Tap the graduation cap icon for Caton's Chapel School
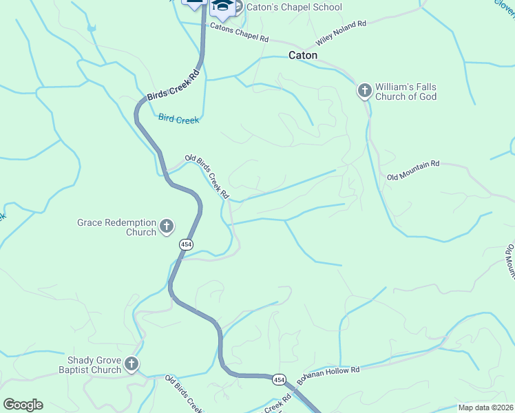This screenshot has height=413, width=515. click(222, 7)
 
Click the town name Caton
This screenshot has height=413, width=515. click(303, 55)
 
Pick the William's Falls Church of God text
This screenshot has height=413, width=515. click(406, 92)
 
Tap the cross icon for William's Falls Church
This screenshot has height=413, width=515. click(364, 90)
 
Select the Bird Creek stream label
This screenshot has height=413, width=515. click(178, 119)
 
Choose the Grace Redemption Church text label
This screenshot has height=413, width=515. click(117, 227)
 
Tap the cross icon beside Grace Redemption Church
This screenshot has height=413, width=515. click(166, 226)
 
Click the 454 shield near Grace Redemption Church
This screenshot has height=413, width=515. click(186, 244)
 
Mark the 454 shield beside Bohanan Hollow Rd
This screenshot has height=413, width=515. click(278, 379)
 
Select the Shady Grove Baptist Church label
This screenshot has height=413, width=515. click(94, 365)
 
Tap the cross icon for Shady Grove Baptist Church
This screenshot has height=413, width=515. click(132, 364)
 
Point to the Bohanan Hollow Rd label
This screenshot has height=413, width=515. click(328, 376)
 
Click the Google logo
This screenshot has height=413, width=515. click(23, 405)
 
